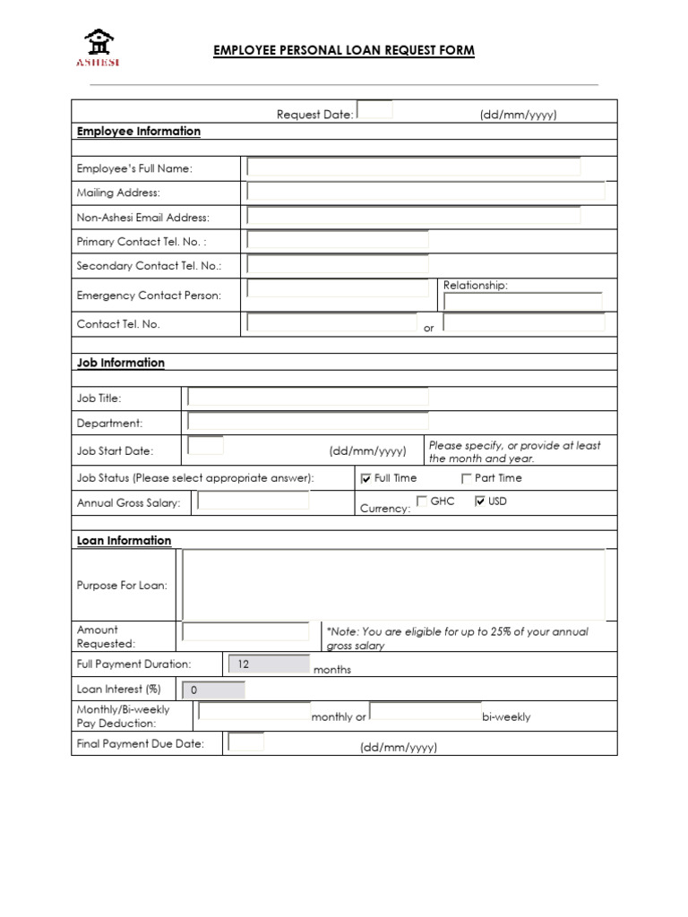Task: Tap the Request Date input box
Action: [x=375, y=110]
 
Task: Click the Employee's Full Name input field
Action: [x=413, y=167]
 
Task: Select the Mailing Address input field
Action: [x=426, y=192]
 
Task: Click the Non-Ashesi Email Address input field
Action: [x=413, y=216]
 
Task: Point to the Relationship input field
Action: [x=523, y=302]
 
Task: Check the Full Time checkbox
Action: [x=365, y=478]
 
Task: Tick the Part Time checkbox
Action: [x=466, y=478]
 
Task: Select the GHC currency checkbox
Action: [x=422, y=501]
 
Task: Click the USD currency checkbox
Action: [x=480, y=501]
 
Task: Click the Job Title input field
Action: [x=307, y=398]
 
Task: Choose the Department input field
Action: [x=307, y=422]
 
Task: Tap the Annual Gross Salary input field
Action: [x=254, y=501]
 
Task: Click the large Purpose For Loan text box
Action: [x=393, y=585]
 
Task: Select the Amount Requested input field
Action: [x=245, y=632]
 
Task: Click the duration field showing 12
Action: [x=269, y=664]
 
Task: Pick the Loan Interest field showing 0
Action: [x=213, y=690]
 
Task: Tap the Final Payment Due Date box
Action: [x=245, y=742]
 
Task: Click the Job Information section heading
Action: [x=121, y=363]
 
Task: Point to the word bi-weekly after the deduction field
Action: [x=506, y=716]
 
